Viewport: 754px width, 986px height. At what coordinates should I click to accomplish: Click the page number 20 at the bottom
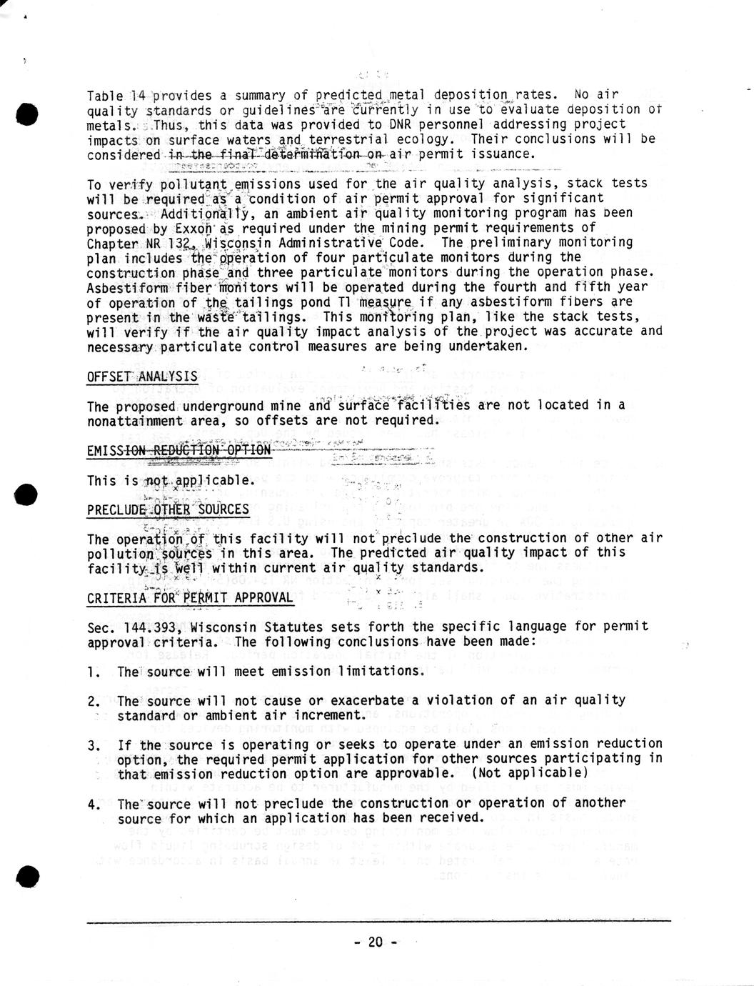(x=376, y=942)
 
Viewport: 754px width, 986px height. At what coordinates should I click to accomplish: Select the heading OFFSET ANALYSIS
(x=142, y=377)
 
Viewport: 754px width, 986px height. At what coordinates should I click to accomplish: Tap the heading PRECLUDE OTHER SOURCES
(x=168, y=509)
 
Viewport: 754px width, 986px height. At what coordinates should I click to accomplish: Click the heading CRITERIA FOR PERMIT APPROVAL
(x=190, y=597)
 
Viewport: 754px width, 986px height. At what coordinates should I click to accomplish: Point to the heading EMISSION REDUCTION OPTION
(x=179, y=450)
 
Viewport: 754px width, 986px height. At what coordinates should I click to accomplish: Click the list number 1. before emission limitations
(x=94, y=672)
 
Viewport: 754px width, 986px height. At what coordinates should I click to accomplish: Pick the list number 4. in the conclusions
(x=94, y=804)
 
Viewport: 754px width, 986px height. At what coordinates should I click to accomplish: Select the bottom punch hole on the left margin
(x=26, y=876)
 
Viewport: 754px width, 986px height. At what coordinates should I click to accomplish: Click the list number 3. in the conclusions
(x=94, y=745)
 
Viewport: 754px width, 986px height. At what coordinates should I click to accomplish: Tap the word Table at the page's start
(x=104, y=95)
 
